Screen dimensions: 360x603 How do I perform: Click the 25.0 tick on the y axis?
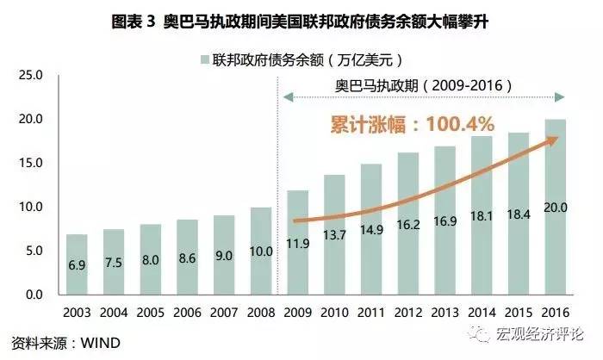(32, 75)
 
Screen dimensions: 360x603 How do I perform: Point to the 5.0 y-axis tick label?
(32, 251)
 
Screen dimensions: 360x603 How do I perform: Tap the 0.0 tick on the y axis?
(32, 295)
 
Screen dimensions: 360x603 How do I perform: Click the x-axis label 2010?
(334, 312)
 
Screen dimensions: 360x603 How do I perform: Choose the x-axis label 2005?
(151, 312)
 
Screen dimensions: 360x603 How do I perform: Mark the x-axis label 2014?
(482, 312)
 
